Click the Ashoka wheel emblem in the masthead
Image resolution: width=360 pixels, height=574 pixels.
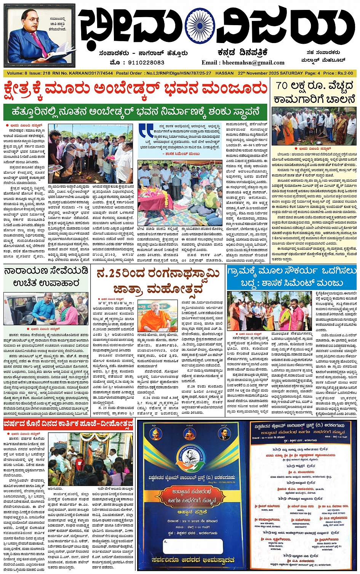[202, 27]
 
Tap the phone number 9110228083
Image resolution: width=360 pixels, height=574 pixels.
[142, 62]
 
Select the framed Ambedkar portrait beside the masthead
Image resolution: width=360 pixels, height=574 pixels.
[39, 35]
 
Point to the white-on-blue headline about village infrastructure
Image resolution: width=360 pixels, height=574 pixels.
[291, 277]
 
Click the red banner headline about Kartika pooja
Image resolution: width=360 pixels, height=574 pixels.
[69, 424]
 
